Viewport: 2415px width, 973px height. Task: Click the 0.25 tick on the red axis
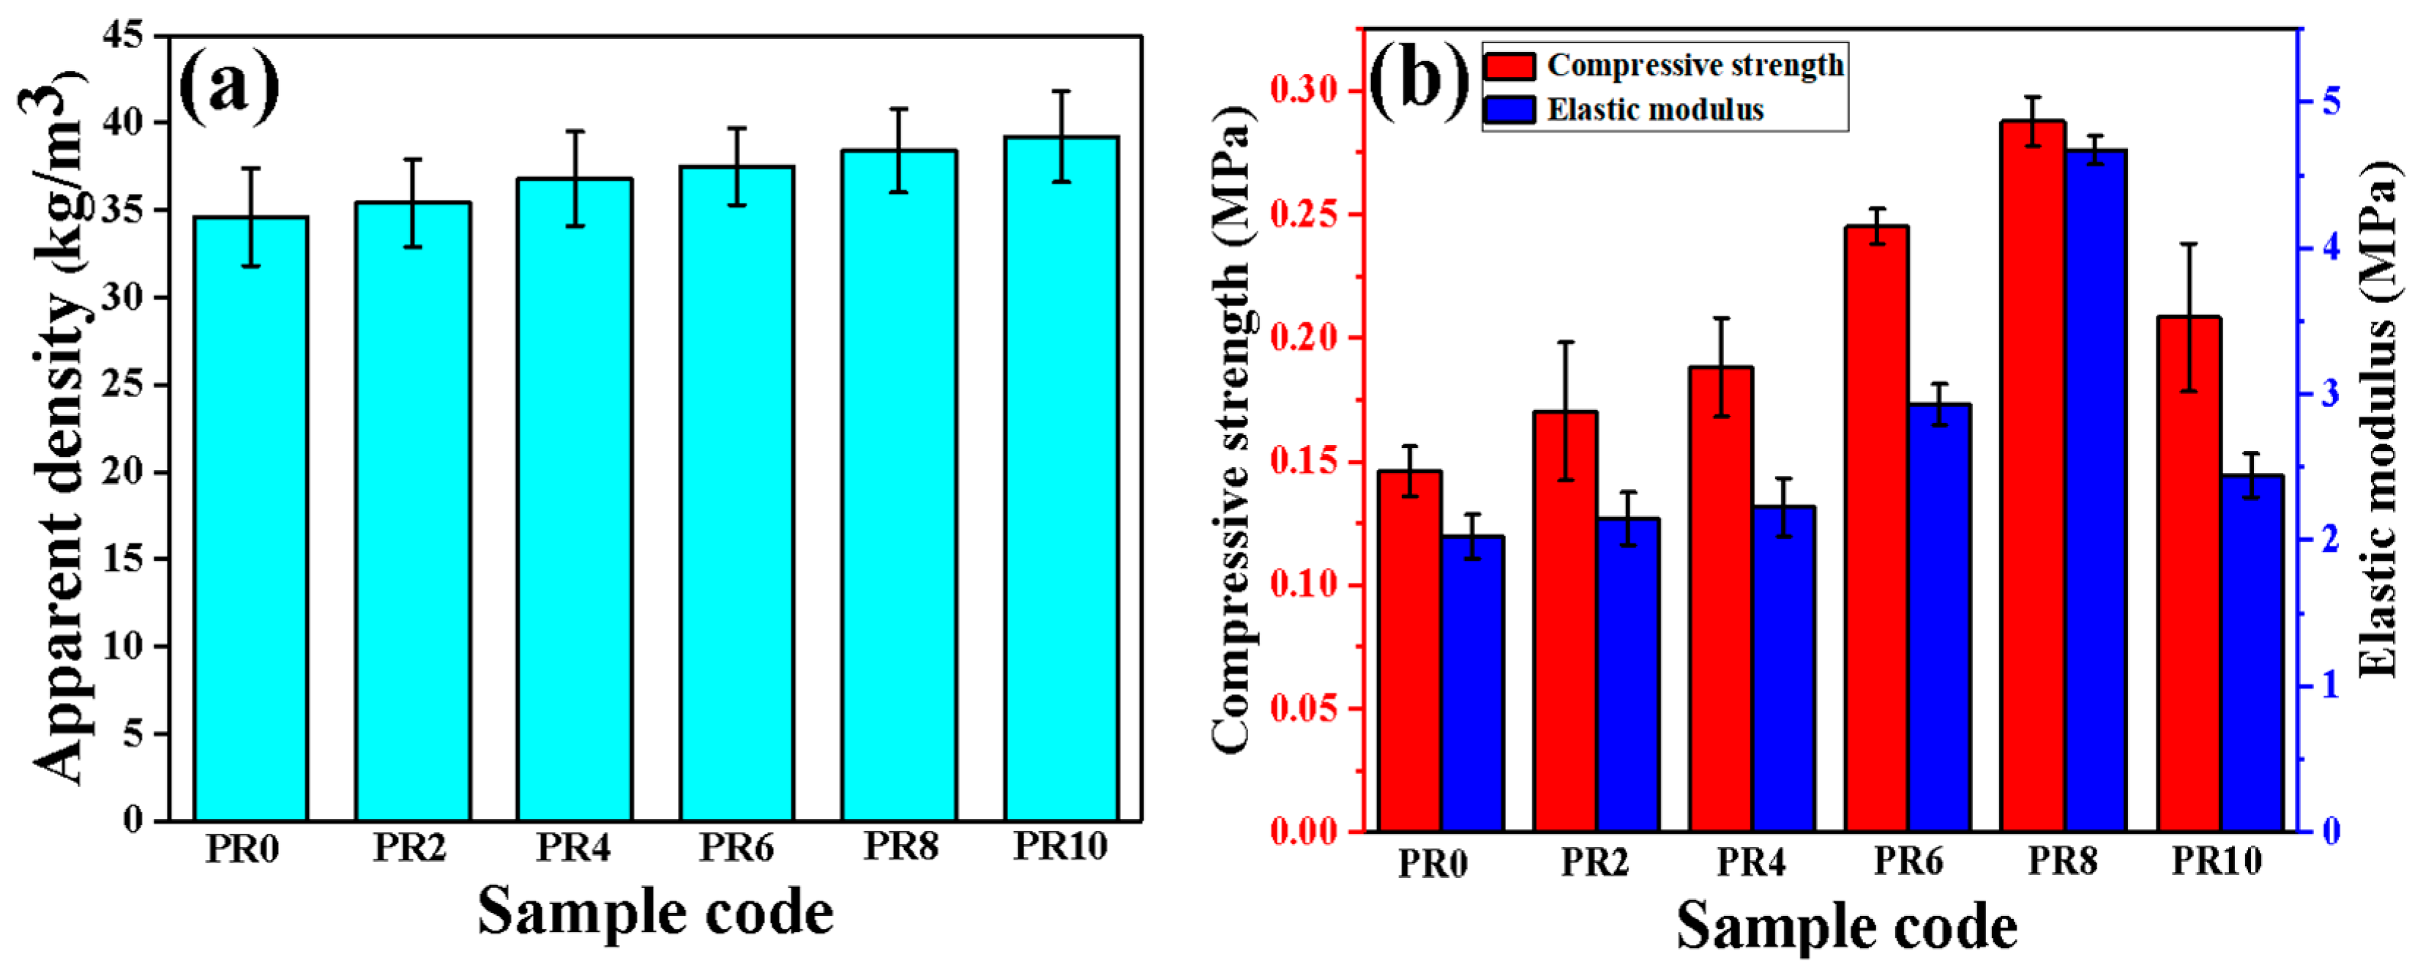tap(1305, 215)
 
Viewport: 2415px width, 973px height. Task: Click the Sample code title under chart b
tap(1846, 926)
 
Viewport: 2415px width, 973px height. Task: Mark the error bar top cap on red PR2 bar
tap(1566, 342)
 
